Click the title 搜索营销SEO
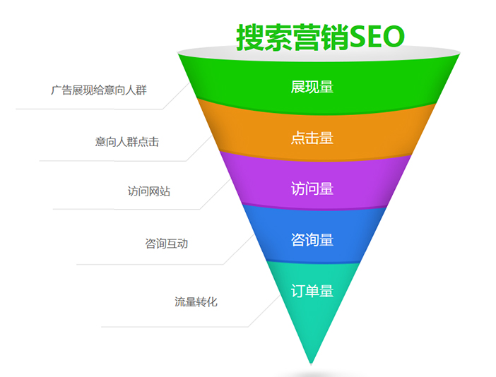(320, 36)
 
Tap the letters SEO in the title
(377, 36)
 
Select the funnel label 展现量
(312, 87)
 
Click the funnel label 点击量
(312, 138)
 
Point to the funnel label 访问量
(312, 188)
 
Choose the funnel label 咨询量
(312, 239)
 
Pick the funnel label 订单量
(312, 290)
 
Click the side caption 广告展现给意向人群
(99, 90)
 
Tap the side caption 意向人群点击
(127, 142)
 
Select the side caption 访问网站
(148, 191)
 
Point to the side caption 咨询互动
(166, 244)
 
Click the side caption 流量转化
(196, 301)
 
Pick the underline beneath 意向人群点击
(113, 161)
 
